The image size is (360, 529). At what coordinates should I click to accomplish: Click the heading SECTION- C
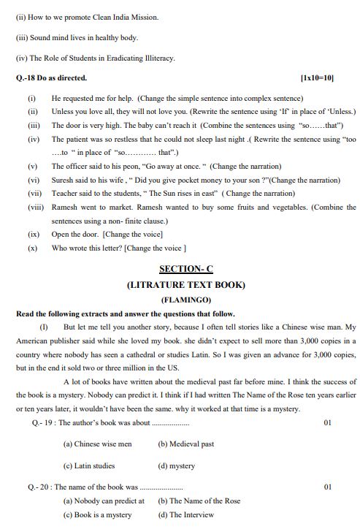185,269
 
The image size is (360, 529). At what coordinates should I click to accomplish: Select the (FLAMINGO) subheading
185,300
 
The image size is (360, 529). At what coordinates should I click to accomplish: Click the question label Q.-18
28,77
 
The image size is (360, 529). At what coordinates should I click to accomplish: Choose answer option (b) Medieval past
185,444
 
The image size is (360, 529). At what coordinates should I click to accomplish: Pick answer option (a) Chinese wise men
97,444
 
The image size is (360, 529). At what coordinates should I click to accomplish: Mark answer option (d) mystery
176,465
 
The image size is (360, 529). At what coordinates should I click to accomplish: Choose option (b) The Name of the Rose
199,501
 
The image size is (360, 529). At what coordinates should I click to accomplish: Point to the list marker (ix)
33,235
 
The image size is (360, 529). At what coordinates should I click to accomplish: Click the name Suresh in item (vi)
63,179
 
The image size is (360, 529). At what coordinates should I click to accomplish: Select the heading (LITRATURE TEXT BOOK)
185,284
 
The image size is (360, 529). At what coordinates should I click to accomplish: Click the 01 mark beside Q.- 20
327,486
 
